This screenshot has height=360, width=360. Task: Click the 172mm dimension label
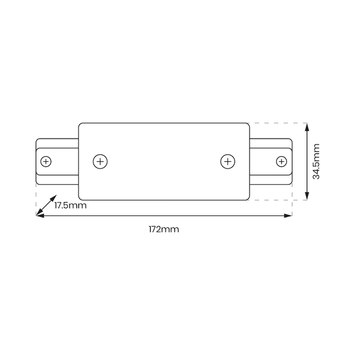[x=164, y=229]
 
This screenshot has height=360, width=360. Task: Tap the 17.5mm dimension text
[x=70, y=205]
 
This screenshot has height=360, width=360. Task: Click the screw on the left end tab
[x=46, y=161]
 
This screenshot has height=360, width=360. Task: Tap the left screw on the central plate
[x=101, y=161]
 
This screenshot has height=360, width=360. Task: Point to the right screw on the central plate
[x=227, y=161]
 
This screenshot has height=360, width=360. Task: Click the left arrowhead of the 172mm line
[x=39, y=215]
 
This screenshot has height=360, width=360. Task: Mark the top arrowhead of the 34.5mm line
[x=307, y=126]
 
